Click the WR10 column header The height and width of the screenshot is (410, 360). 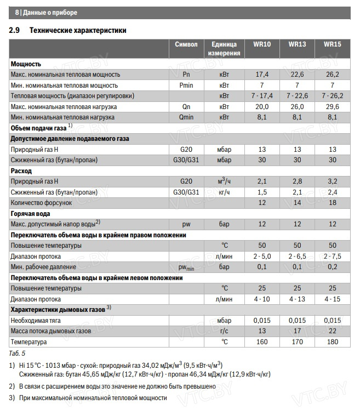coord(262,44)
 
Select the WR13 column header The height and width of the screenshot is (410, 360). coord(297,44)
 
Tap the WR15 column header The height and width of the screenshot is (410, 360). coord(332,44)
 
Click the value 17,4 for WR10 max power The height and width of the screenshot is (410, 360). coord(262,75)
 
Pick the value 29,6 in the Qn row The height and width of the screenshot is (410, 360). coord(332,106)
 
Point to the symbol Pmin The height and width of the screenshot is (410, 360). coord(186,85)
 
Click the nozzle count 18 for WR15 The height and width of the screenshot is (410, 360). coord(332,203)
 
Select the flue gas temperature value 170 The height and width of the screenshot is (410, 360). coord(297,341)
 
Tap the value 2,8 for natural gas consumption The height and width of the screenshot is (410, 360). coord(297,181)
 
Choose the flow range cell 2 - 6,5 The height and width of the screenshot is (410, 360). coord(297,256)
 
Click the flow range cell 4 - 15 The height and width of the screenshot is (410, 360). coord(332,299)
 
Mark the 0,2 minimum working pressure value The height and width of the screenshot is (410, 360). coord(332,267)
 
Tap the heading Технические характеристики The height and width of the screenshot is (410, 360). coord(78,30)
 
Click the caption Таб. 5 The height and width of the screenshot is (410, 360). coord(18,353)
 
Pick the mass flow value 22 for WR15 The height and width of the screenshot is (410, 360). coord(332,331)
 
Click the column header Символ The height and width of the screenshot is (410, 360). coord(186,44)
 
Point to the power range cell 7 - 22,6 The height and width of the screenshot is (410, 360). coord(297,96)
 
